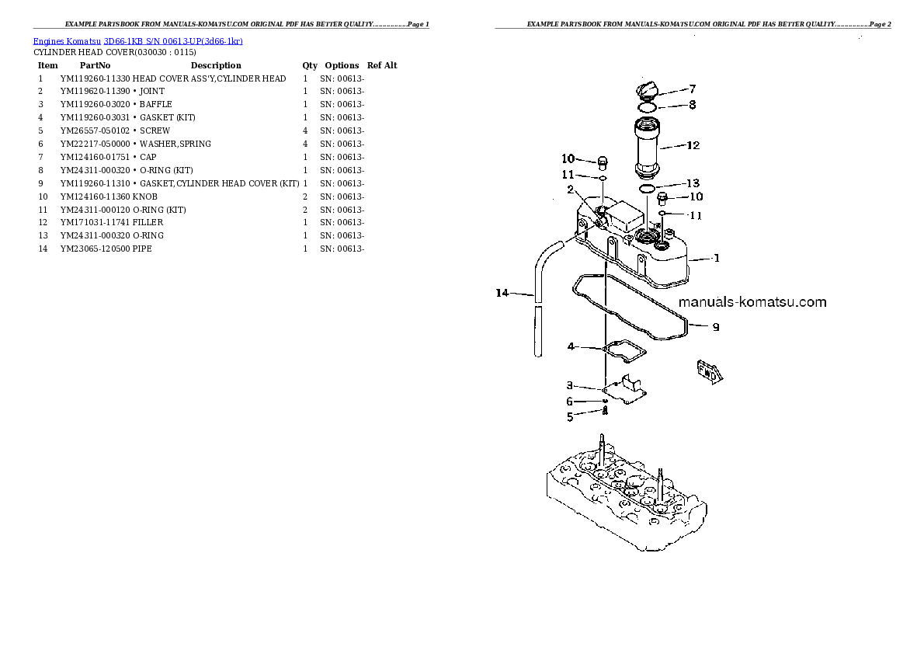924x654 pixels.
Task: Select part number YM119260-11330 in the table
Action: tap(95, 78)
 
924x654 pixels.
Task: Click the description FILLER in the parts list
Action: tap(148, 222)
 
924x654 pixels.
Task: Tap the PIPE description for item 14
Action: tap(142, 249)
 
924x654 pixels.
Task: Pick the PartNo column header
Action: tap(95, 65)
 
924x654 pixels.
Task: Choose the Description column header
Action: tap(216, 65)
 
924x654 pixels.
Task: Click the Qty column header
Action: tap(310, 65)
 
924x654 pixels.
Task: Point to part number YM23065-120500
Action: tap(95, 249)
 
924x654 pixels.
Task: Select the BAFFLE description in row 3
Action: tap(155, 104)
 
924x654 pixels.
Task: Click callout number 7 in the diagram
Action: tap(692, 89)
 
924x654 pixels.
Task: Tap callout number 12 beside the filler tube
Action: tap(693, 145)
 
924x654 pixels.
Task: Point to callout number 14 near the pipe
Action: tap(502, 293)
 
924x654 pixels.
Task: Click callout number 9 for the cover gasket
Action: tap(715, 327)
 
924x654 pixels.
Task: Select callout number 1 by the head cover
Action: tap(715, 258)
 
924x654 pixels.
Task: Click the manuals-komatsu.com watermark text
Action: tap(752, 302)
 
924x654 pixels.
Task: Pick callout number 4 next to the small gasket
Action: tap(571, 346)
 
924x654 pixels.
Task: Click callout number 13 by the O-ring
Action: tap(693, 184)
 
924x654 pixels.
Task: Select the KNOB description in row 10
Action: tap(144, 197)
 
